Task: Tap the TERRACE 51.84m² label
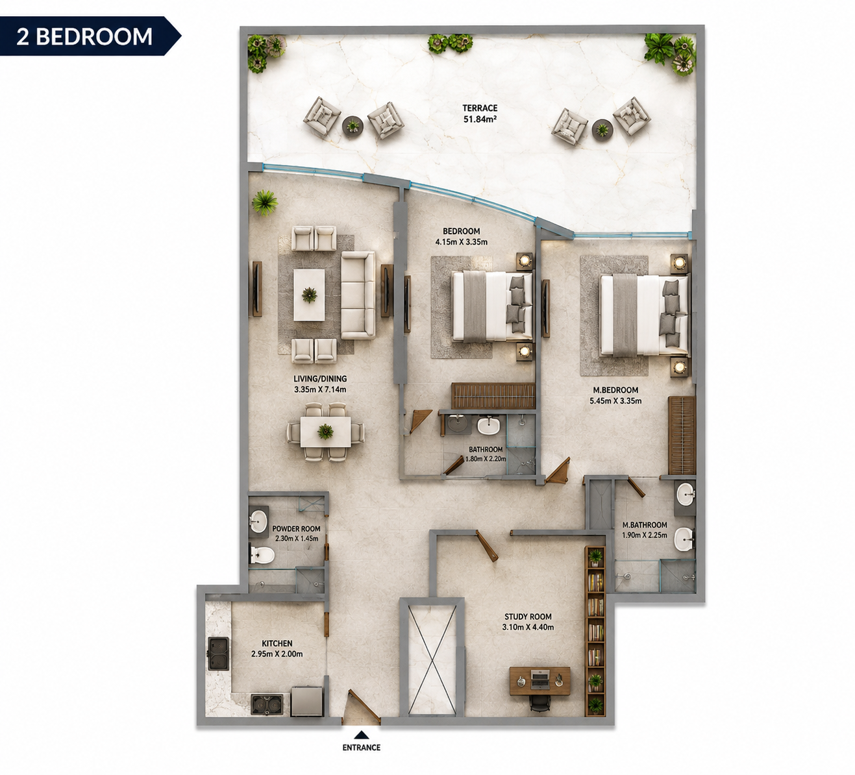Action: [480, 114]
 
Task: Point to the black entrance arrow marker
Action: [362, 735]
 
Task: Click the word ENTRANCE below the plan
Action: [362, 747]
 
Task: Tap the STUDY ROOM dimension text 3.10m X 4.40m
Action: [528, 628]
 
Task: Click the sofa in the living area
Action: [358, 295]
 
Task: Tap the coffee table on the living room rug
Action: [308, 295]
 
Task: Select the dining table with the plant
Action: [326, 432]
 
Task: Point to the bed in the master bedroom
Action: [643, 315]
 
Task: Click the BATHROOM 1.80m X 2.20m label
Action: [486, 454]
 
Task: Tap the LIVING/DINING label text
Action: [320, 378]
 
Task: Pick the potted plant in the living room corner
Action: [265, 203]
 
